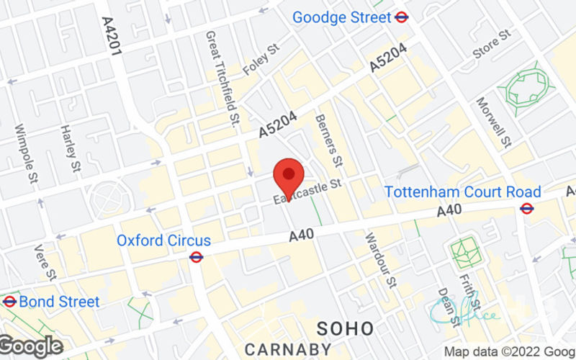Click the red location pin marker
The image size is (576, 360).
point(289,175)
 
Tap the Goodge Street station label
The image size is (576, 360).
point(341,17)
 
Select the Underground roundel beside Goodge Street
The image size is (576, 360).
point(402,17)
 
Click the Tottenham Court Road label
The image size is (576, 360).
point(462,192)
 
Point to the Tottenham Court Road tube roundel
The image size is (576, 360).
point(527,208)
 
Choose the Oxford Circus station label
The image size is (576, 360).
point(163,240)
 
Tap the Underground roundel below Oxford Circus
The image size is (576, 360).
point(195,256)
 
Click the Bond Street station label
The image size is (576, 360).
point(59,301)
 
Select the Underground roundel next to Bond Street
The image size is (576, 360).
point(9,301)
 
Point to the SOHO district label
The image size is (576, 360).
point(346,329)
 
